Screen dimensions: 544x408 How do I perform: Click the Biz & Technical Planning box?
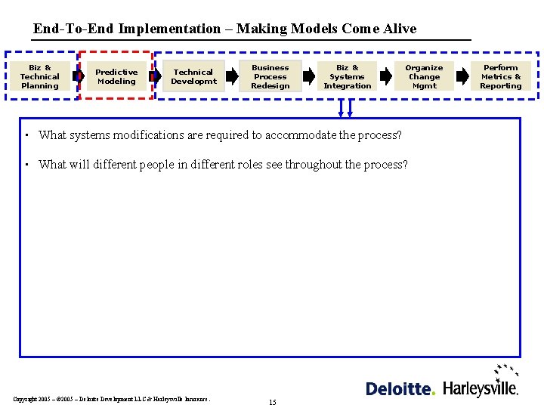pos(40,76)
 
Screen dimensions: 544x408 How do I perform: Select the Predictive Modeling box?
pos(116,76)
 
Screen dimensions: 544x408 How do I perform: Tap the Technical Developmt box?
pos(193,76)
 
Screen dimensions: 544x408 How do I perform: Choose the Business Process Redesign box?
pos(270,76)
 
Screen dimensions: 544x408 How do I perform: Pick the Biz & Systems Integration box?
pos(348,76)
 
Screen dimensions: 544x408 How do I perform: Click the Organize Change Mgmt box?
pos(424,76)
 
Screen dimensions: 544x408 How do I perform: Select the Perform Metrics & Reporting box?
pos(501,76)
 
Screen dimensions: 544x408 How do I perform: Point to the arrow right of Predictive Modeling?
pos(155,76)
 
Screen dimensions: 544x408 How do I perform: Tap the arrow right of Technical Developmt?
pos(232,76)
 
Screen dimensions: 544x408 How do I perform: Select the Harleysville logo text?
pos(480,388)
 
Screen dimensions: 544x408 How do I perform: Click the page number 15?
pos(272,402)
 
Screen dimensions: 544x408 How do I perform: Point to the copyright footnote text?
pos(112,399)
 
